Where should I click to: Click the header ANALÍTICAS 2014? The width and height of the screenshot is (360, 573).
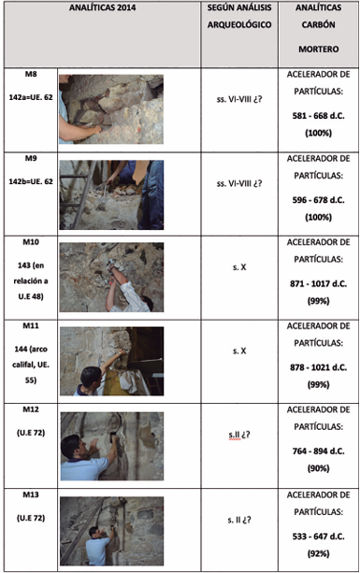pyautogui.click(x=102, y=7)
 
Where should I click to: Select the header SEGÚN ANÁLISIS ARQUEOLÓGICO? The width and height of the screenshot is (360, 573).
pyautogui.click(x=239, y=16)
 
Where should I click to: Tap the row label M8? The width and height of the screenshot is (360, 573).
pyautogui.click(x=31, y=74)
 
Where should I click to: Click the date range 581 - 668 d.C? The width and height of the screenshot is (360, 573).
pyautogui.click(x=318, y=116)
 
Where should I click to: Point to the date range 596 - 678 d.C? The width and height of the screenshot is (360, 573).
pyautogui.click(x=318, y=200)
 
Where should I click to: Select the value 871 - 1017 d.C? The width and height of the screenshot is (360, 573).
pyautogui.click(x=318, y=283)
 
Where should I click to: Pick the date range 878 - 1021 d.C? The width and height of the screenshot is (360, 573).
pyautogui.click(x=318, y=367)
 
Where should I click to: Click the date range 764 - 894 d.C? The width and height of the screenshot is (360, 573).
pyautogui.click(x=318, y=451)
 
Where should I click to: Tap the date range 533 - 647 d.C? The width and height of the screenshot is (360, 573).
pyautogui.click(x=318, y=537)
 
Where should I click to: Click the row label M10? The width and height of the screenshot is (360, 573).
pyautogui.click(x=31, y=242)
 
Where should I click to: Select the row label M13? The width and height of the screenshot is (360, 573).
pyautogui.click(x=31, y=494)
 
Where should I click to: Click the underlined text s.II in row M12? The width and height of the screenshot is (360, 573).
pyautogui.click(x=235, y=435)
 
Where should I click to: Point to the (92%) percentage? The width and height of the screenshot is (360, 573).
pyautogui.click(x=318, y=553)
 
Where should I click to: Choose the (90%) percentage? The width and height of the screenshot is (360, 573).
pyautogui.click(x=318, y=468)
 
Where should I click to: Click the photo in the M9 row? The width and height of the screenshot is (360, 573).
pyautogui.click(x=111, y=194)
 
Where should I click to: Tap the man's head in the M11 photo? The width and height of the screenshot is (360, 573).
pyautogui.click(x=91, y=377)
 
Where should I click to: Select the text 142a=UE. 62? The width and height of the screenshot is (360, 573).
pyautogui.click(x=31, y=97)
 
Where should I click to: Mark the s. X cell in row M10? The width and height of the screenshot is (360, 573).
pyautogui.click(x=239, y=267)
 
